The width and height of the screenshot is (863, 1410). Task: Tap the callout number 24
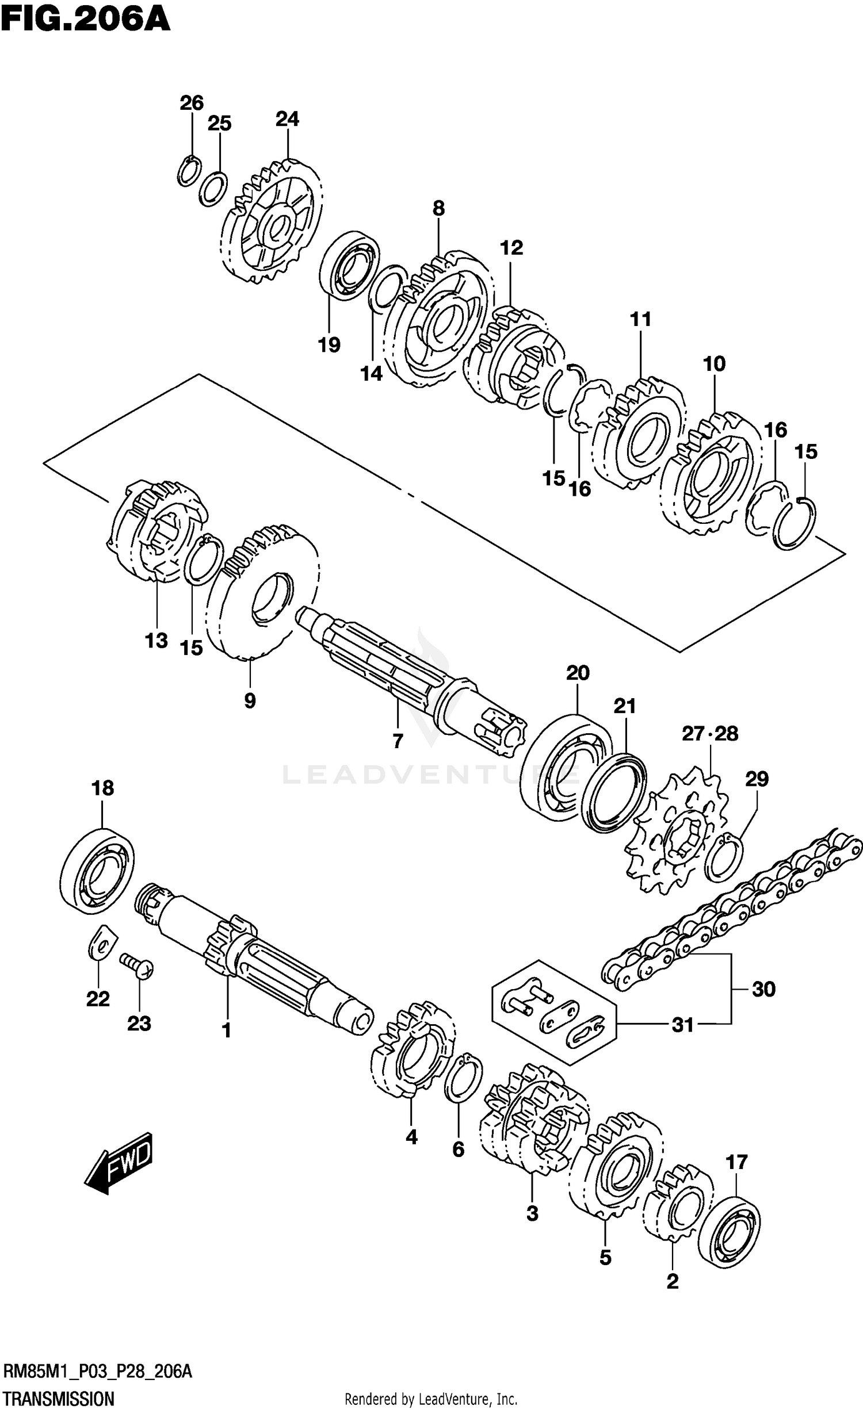pos(287,119)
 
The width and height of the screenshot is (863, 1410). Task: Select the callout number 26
pos(192,103)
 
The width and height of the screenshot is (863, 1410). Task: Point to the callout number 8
pos(438,208)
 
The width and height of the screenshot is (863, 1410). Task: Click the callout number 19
pos(330,345)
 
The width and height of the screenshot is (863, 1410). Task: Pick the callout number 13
pos(156,640)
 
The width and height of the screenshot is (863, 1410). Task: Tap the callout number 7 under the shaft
pos(398,741)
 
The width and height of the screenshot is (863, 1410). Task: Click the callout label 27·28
pos(710,733)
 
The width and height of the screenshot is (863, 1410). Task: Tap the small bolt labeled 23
pos(137,969)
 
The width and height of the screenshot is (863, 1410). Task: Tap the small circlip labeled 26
pos(189,171)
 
